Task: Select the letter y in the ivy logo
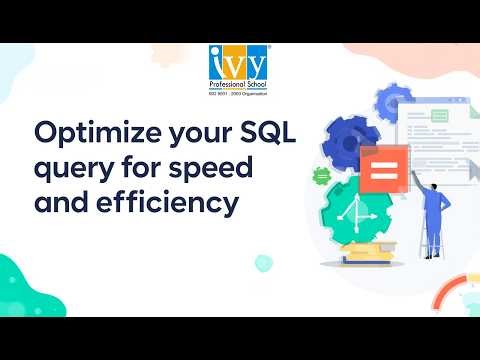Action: [257, 63]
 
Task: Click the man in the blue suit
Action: [434, 200]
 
